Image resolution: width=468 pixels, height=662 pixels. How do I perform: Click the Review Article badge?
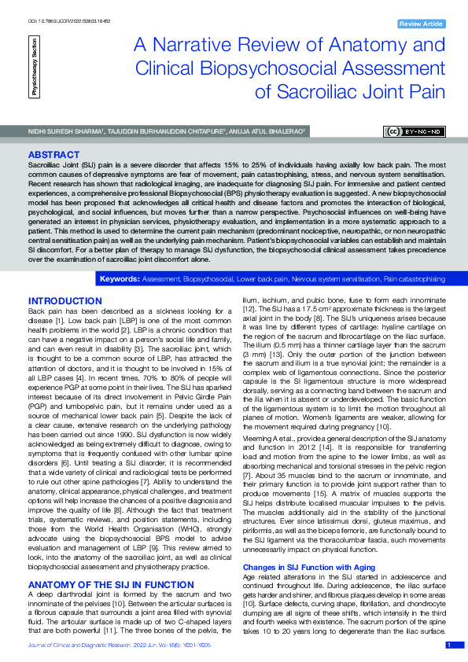pyautogui.click(x=422, y=24)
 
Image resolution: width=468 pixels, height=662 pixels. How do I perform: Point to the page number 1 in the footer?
pyautogui.click(x=449, y=645)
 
